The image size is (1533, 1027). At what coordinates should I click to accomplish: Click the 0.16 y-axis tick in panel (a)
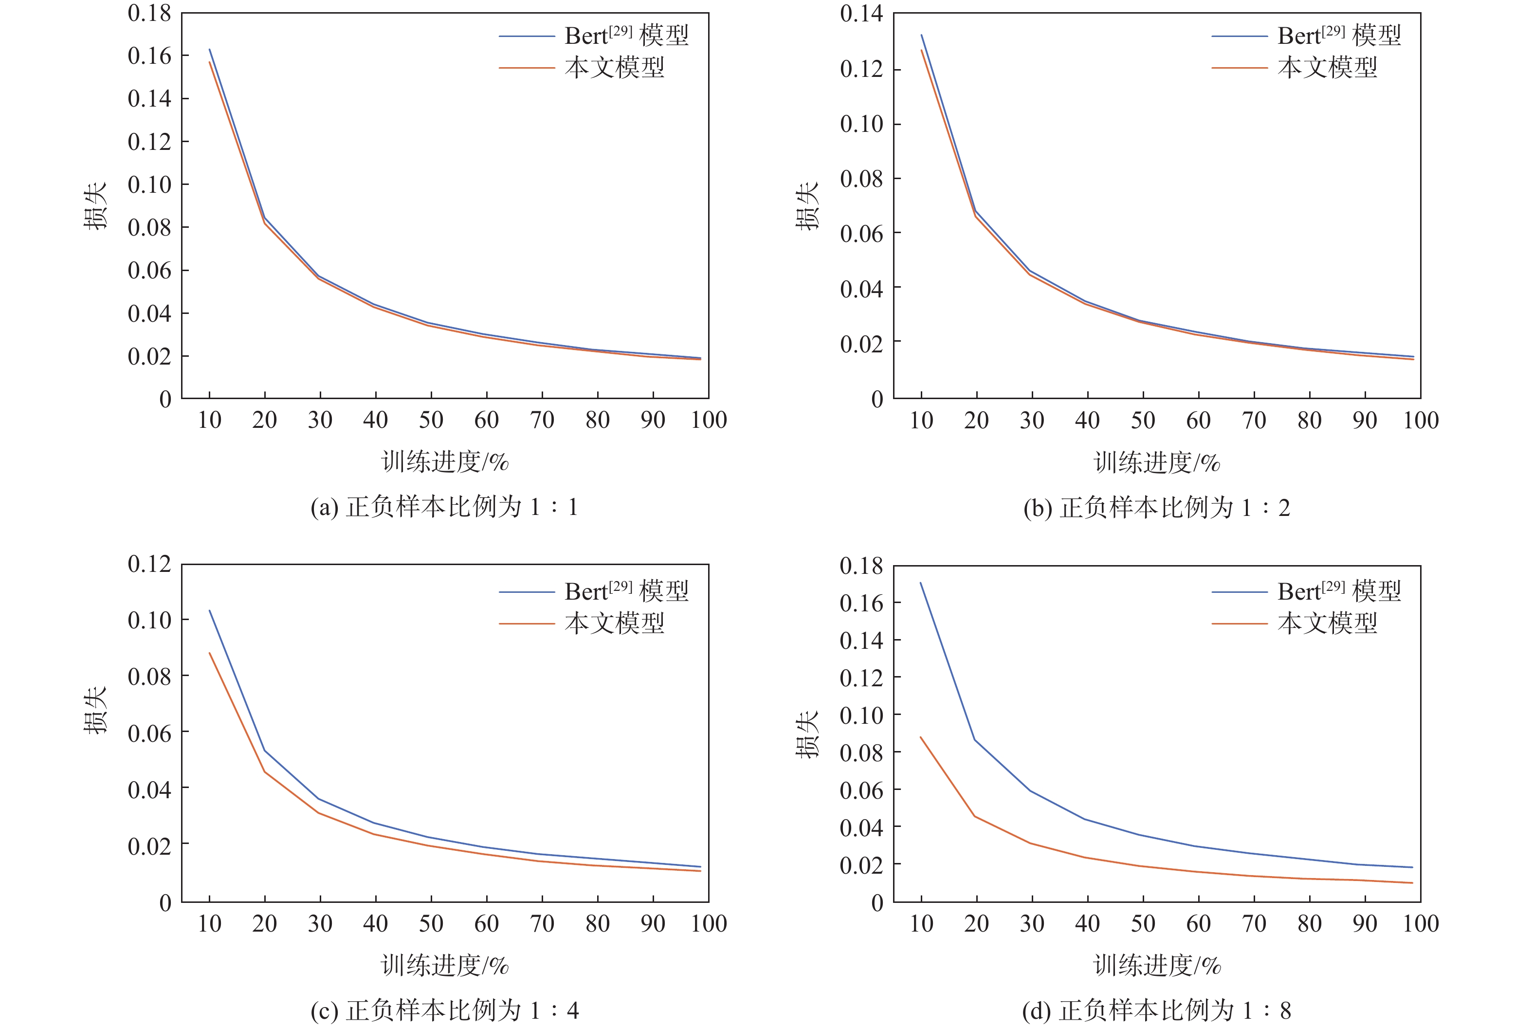[149, 55]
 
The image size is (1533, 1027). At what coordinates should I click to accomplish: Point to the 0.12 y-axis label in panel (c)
[149, 564]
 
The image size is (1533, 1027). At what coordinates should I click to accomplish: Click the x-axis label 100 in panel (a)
[709, 420]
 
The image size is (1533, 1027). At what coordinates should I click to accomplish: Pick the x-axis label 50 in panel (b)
[1143, 420]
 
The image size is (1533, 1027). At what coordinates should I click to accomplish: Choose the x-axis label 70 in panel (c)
[542, 923]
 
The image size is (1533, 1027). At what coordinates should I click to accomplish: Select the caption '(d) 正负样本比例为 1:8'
[1156, 1010]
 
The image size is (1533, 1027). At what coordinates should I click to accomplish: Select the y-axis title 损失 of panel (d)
[807, 734]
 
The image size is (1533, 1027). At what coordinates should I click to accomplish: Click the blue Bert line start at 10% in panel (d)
[921, 583]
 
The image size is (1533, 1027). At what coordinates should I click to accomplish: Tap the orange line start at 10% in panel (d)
[921, 737]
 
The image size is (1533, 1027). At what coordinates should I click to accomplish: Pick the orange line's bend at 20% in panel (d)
[975, 816]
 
